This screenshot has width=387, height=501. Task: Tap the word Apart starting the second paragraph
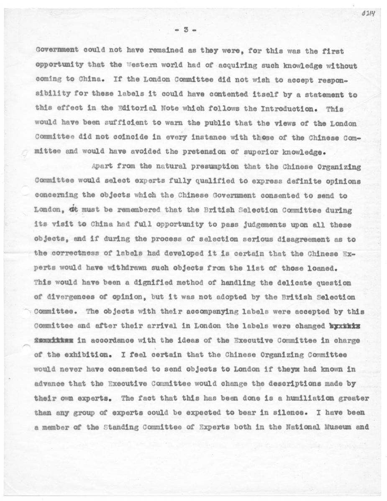[x=101, y=167]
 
